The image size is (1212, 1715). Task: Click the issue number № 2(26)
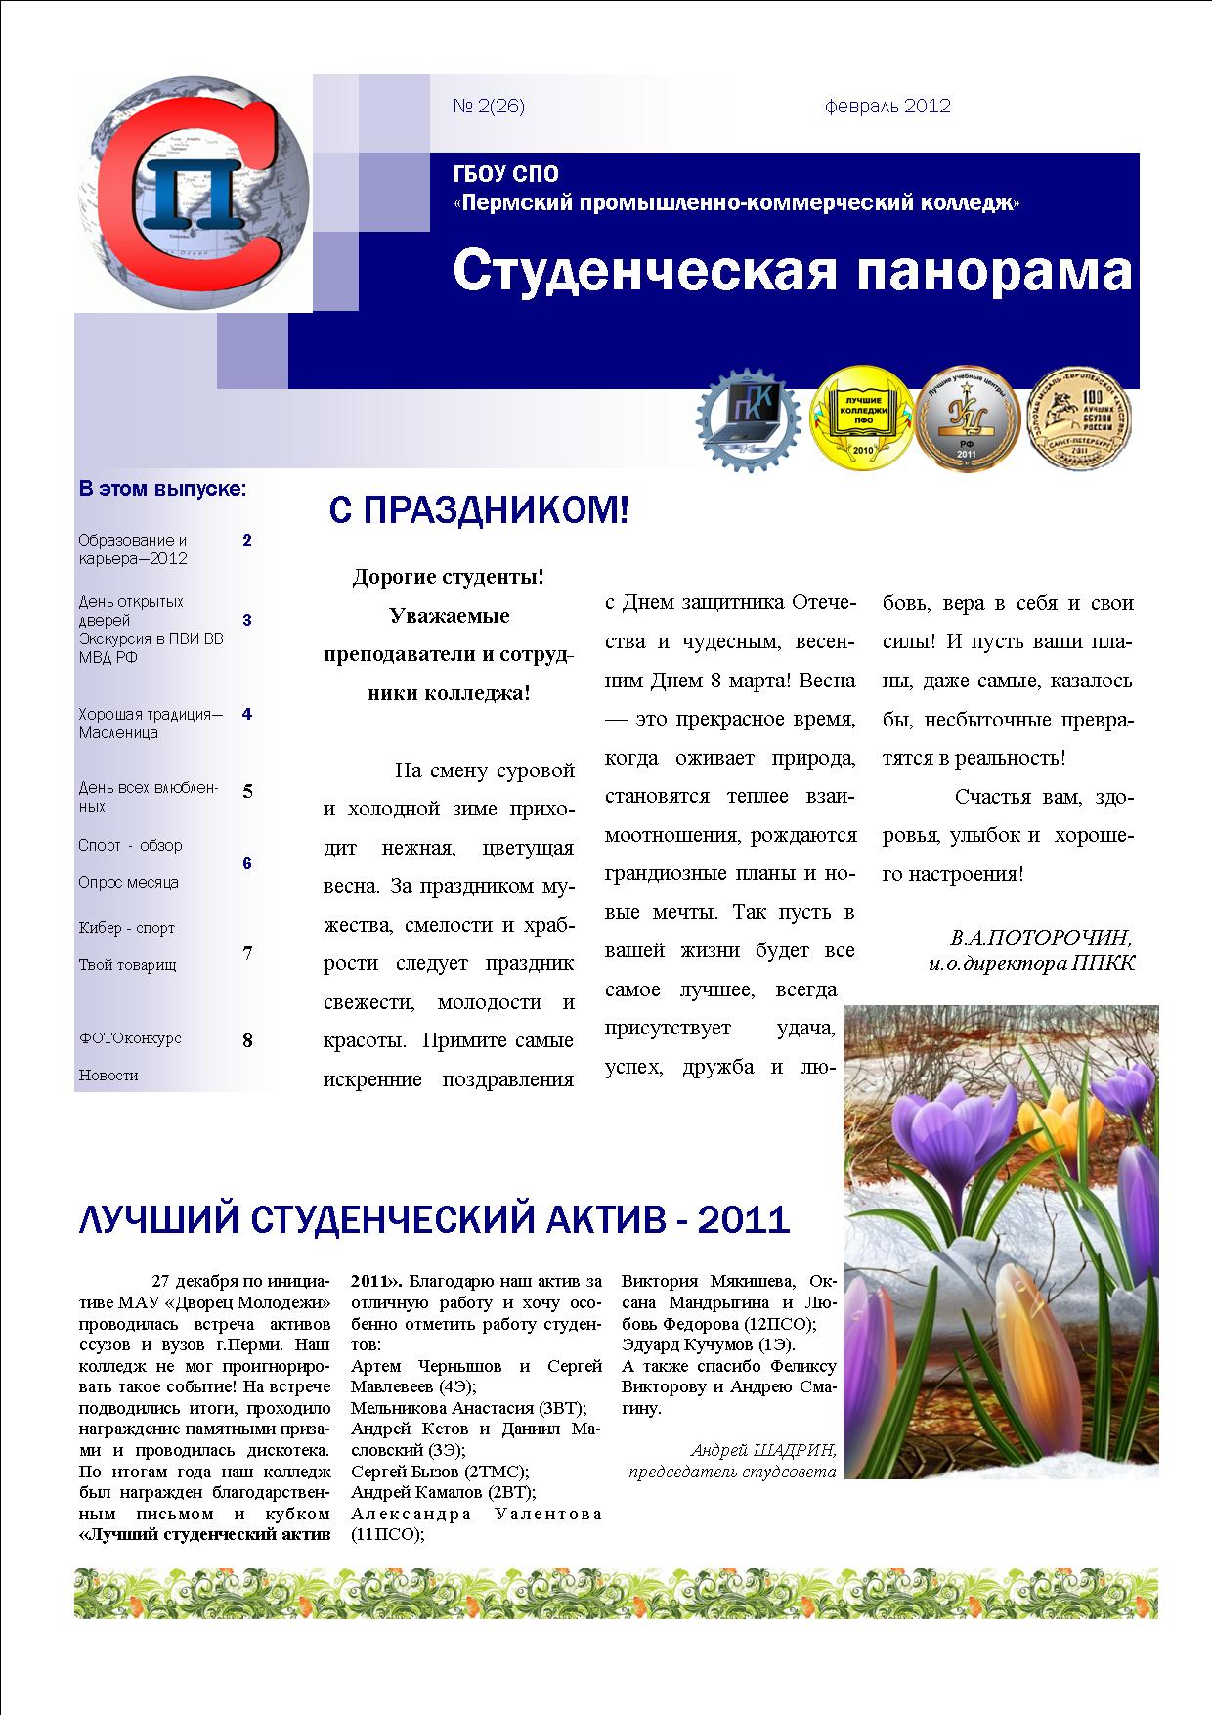coord(489,107)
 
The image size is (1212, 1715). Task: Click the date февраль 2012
coord(887,107)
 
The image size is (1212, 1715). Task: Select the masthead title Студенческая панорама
coord(792,272)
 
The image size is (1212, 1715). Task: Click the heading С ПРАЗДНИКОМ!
coord(478,510)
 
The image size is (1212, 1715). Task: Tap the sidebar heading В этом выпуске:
coord(162,488)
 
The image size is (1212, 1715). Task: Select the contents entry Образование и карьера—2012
coord(133,550)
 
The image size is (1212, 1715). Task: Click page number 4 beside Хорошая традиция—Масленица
coord(247,714)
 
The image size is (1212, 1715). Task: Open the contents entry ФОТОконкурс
coord(130,1038)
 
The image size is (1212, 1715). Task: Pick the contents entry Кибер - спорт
coord(126,928)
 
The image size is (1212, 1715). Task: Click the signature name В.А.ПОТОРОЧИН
coord(1041,938)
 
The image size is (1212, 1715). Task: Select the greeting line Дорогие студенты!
coord(448,577)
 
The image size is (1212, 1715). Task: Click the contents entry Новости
coord(108,1076)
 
